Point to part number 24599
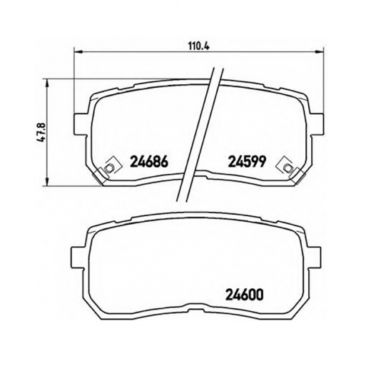[x=245, y=161]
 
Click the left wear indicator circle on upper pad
[x=108, y=168]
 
